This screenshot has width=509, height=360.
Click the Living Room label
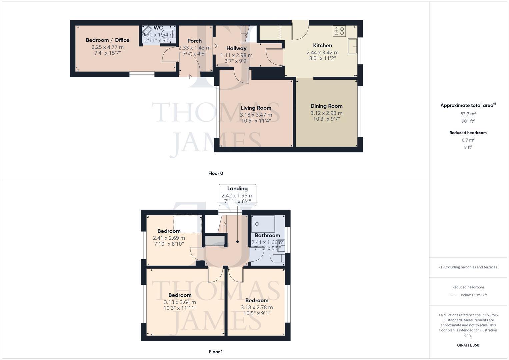click(x=256, y=108)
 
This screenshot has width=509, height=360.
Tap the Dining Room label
click(x=326, y=106)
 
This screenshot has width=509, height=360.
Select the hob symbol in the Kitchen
click(x=339, y=31)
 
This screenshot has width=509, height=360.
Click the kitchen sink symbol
click(x=353, y=46)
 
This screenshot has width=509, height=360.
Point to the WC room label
click(x=158, y=28)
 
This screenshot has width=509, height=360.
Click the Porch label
click(x=195, y=41)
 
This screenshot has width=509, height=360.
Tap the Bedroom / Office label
click(x=107, y=40)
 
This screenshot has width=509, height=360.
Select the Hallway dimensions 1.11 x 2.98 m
click(x=236, y=55)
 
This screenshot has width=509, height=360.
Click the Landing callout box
click(x=237, y=195)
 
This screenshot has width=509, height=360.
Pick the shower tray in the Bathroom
click(x=263, y=223)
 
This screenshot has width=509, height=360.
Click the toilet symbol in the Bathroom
click(x=278, y=258)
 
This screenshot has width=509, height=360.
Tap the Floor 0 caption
click(x=216, y=173)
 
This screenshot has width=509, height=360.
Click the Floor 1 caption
click(x=216, y=352)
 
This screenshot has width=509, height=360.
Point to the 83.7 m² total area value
click(x=468, y=114)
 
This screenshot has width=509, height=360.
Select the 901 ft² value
click(x=468, y=121)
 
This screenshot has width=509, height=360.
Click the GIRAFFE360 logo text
click(x=468, y=345)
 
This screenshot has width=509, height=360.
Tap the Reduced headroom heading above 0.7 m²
click(x=468, y=133)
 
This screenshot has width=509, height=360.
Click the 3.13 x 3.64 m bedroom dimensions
click(x=180, y=302)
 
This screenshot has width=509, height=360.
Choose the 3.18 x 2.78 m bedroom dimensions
click(x=257, y=307)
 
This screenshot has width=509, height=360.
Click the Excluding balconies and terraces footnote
click(x=468, y=267)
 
